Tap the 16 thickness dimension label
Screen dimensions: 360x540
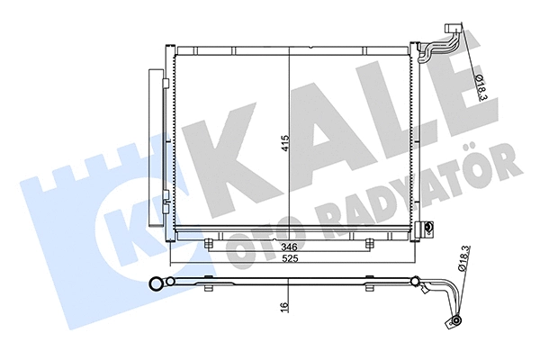[x=285, y=306]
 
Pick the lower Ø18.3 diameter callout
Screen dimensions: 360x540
[x=462, y=262]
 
